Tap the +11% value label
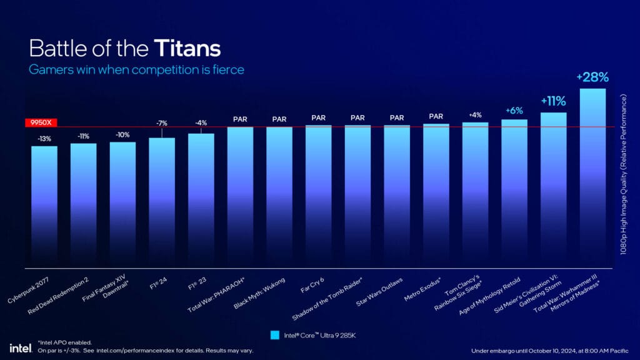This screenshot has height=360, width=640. coord(553,101)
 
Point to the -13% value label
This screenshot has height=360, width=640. coord(44,139)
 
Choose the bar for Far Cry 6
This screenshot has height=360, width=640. coord(318,194)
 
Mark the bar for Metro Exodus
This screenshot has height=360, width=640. coord(436,194)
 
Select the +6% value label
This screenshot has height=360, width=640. coord(514,110)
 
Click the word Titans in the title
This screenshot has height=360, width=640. coord(188,49)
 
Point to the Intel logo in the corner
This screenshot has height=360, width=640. coord(17,347)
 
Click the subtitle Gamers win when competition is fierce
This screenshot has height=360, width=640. coord(136,69)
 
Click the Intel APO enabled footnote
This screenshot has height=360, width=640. coord(65,342)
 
